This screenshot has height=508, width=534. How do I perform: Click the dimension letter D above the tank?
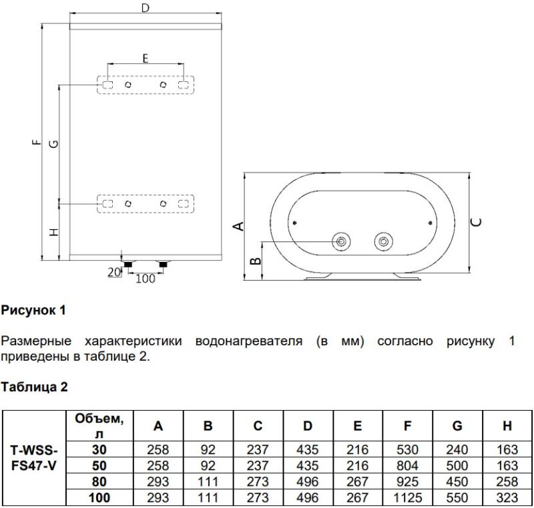click(146, 7)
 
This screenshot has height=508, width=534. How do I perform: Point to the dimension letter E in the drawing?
click(146, 59)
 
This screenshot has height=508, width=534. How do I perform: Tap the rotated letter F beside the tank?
click(37, 143)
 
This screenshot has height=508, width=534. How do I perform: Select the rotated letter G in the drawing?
click(54, 144)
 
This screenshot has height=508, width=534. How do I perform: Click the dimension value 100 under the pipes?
click(146, 279)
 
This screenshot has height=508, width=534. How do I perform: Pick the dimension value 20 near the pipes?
click(114, 272)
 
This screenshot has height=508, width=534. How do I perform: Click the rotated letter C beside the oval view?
click(476, 222)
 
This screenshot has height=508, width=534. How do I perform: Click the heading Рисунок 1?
click(33, 310)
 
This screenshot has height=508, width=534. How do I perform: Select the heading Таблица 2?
click(34, 387)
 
